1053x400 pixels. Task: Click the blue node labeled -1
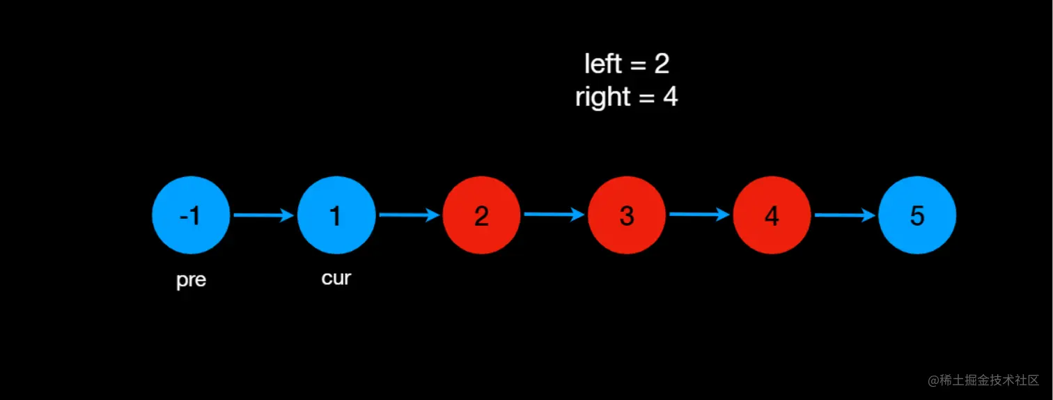(191, 215)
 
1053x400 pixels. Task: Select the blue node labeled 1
(336, 215)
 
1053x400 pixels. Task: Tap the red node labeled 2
(481, 215)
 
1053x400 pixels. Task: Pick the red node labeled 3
(626, 215)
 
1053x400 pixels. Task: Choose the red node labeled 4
(772, 215)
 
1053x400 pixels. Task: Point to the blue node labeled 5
(917, 215)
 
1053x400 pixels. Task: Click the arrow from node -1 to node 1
(263, 215)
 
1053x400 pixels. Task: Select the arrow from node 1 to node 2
(409, 215)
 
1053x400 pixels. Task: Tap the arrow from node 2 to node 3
(554, 215)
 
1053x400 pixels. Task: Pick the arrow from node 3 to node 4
(699, 215)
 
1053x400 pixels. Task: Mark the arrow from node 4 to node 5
(844, 215)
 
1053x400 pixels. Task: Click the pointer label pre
(191, 281)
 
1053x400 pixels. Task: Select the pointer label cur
(336, 278)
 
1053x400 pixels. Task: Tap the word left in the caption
(602, 64)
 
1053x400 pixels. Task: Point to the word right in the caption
(603, 98)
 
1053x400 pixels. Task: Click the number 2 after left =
(662, 64)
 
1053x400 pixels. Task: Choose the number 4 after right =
(670, 97)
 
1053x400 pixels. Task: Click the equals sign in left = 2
(637, 65)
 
